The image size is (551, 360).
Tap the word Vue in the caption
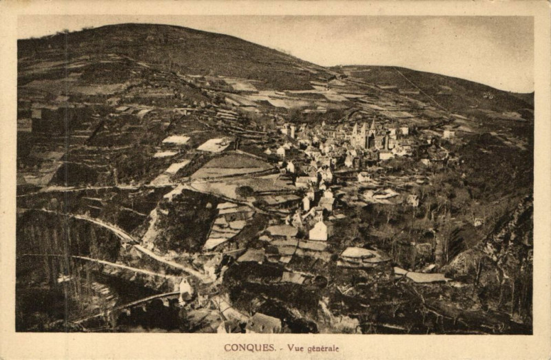click(x=297, y=348)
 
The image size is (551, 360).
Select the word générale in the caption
click(x=324, y=348)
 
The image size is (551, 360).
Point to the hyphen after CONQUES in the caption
click(x=280, y=348)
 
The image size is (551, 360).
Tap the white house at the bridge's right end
click(x=185, y=286)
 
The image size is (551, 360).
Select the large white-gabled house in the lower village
click(x=318, y=230)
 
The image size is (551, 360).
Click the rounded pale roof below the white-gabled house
click(x=358, y=254)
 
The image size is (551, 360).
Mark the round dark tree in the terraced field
click(x=244, y=191)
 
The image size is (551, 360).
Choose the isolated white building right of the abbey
click(x=448, y=134)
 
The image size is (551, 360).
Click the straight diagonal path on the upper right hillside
click(x=420, y=89)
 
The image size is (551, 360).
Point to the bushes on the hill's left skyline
click(x=65, y=32)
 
